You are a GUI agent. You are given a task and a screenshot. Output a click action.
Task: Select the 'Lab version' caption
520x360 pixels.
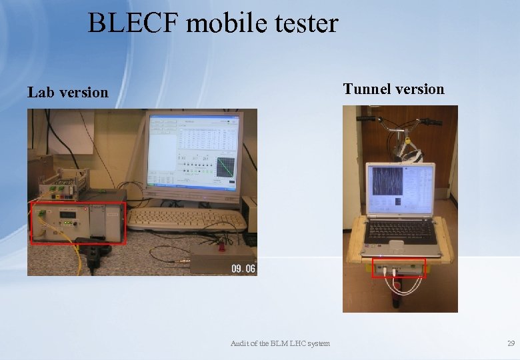(67, 93)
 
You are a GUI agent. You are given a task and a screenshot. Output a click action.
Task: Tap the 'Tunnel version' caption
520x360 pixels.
(393, 89)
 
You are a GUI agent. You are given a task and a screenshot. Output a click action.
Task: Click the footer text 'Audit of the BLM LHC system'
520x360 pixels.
(280, 343)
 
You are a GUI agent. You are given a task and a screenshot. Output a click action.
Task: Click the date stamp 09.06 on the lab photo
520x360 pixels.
(243, 268)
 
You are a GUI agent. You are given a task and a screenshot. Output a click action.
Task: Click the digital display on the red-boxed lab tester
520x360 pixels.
(68, 215)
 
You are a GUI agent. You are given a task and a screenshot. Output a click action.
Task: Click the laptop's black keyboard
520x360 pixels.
(399, 230)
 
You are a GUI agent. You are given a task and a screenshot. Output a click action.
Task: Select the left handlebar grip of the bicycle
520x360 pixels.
(366, 119)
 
